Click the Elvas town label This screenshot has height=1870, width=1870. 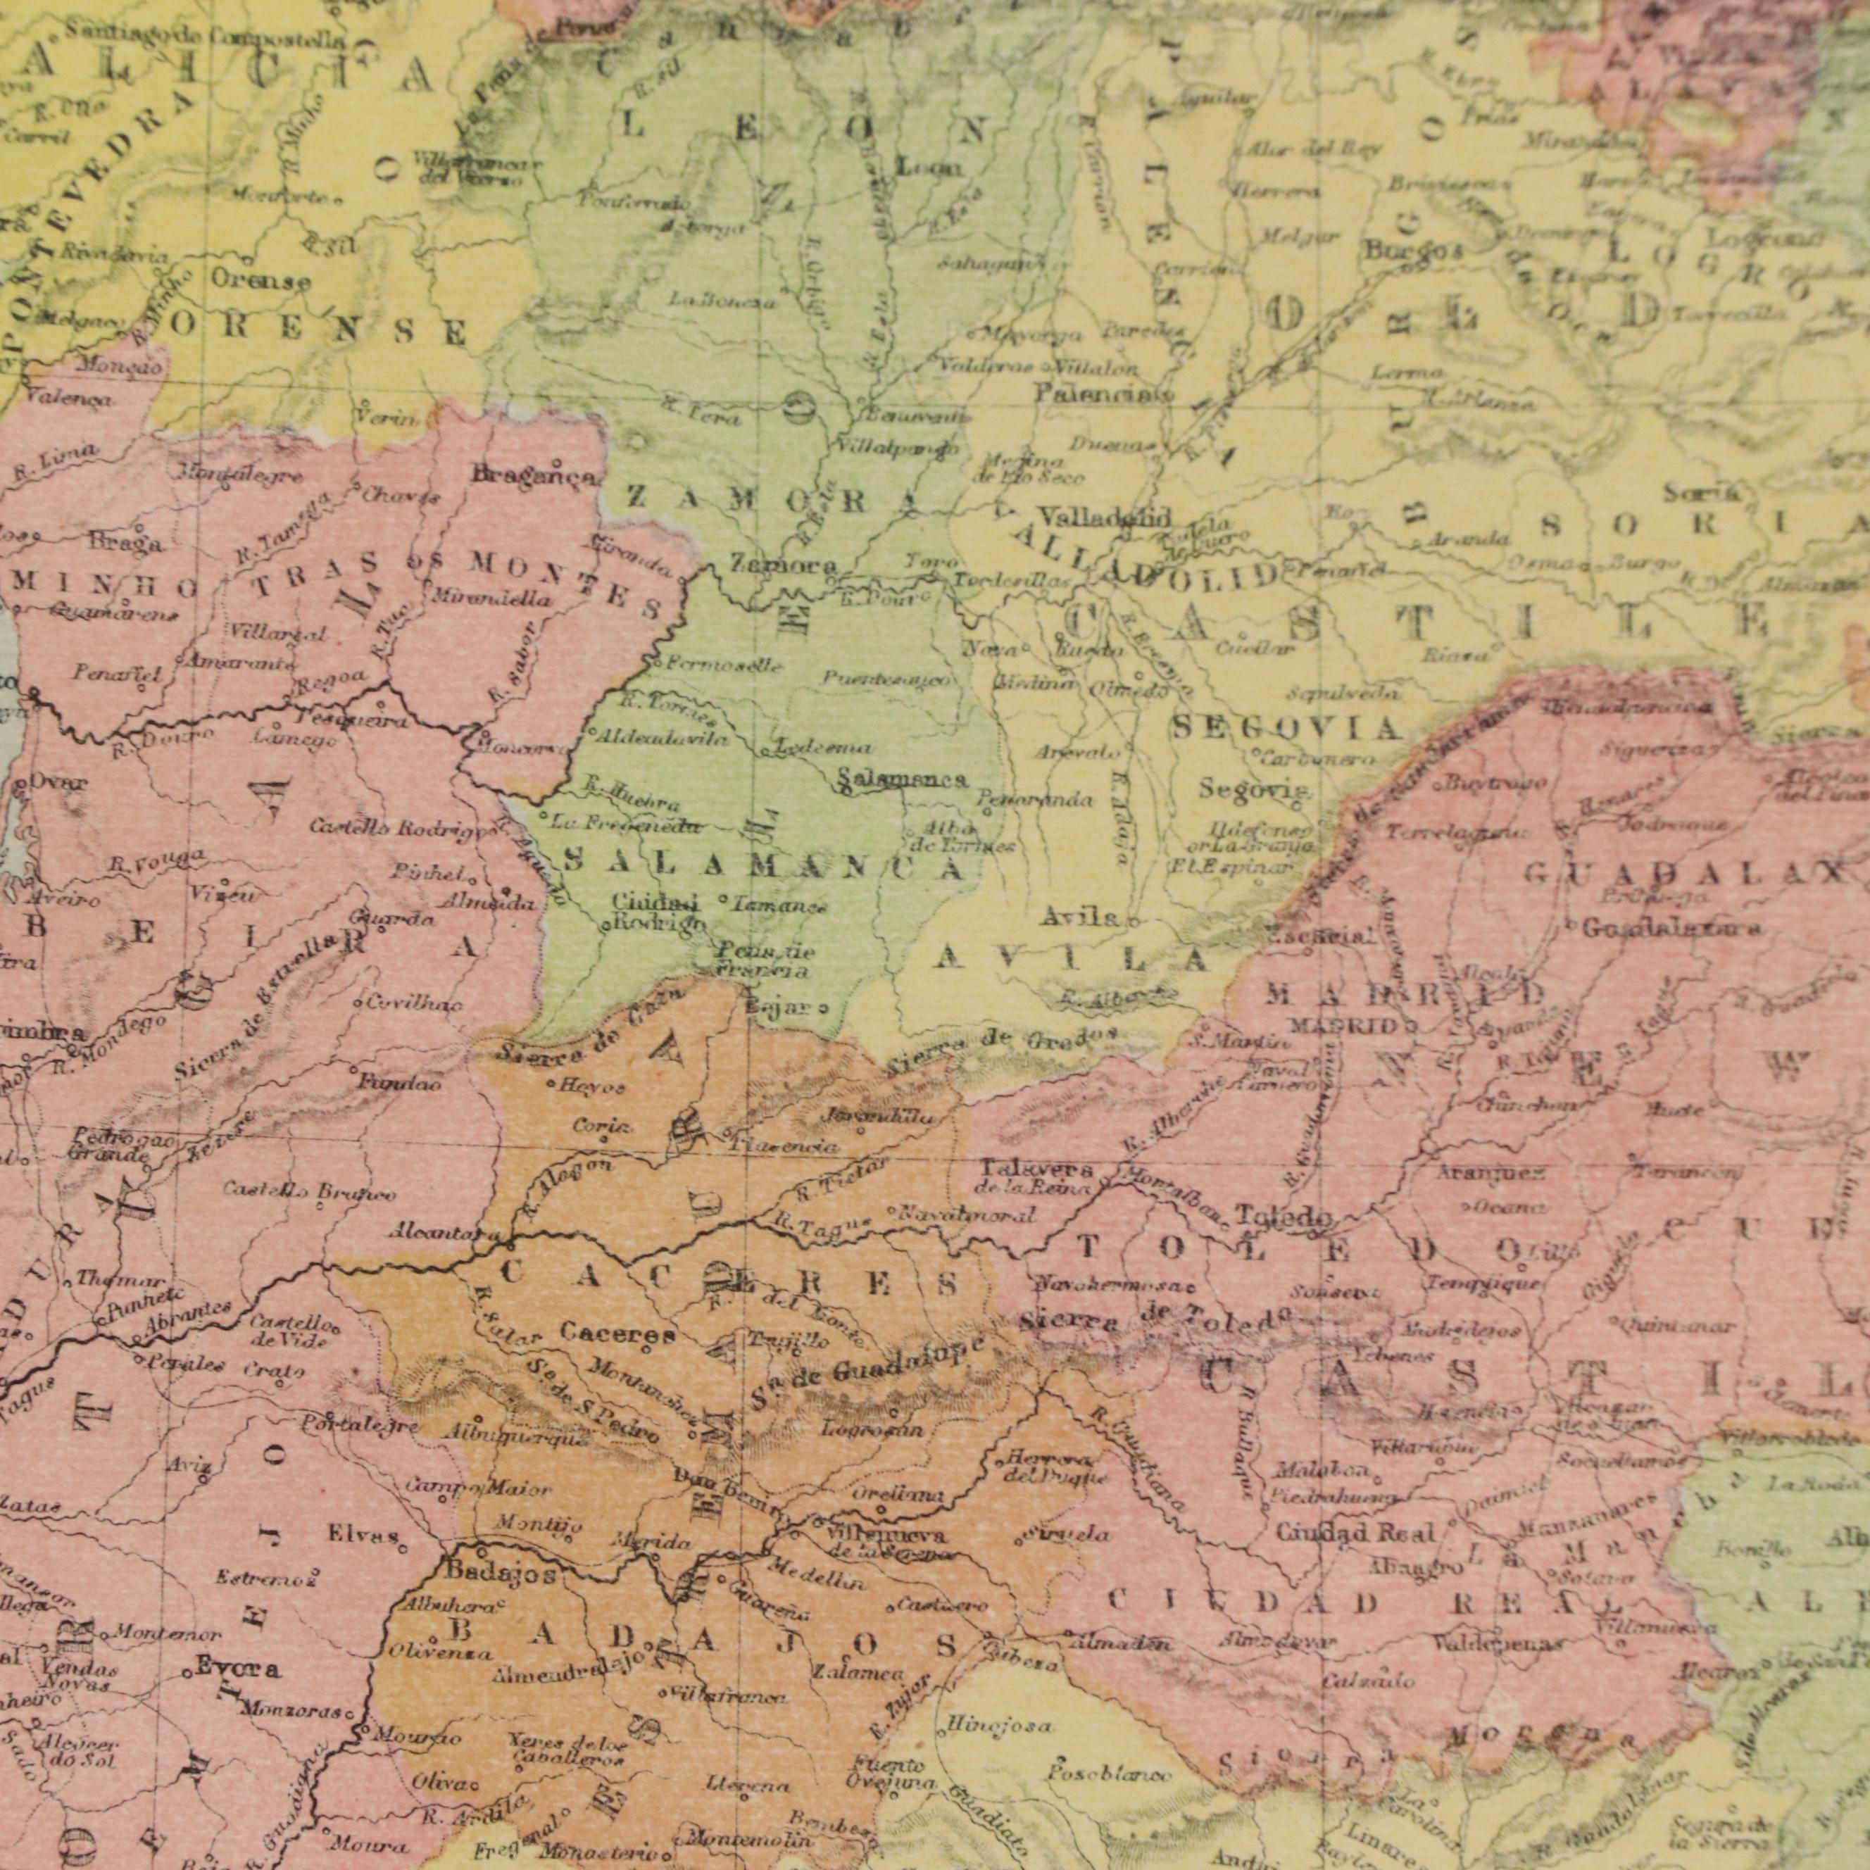(x=363, y=1534)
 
